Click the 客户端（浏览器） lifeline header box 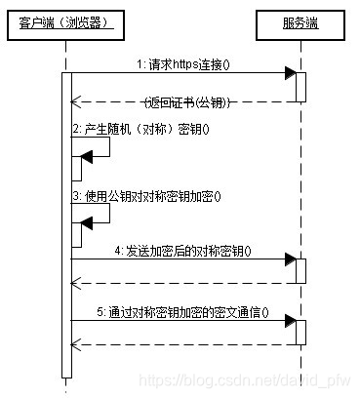[66, 21]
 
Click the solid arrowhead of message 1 [290, 74]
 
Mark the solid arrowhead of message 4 [290, 260]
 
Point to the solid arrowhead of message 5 [290, 321]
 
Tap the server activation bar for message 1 [301, 86]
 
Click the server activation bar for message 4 [301, 271]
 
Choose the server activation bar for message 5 [301, 332]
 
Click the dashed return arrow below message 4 [185, 284]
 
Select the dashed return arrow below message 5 [185, 344]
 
